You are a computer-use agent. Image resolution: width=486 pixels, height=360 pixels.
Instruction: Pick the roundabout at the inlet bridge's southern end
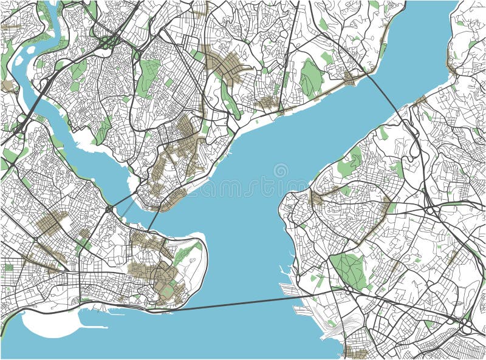[109, 209]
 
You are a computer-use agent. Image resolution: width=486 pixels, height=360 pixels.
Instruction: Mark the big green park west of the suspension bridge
[311, 78]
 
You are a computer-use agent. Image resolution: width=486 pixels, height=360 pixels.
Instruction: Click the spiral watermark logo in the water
[281, 171]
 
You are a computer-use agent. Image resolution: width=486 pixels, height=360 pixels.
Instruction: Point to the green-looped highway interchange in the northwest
[108, 42]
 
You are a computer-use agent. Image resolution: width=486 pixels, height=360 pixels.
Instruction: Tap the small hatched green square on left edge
[9, 267]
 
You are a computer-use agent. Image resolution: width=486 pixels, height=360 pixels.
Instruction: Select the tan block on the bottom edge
[355, 352]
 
